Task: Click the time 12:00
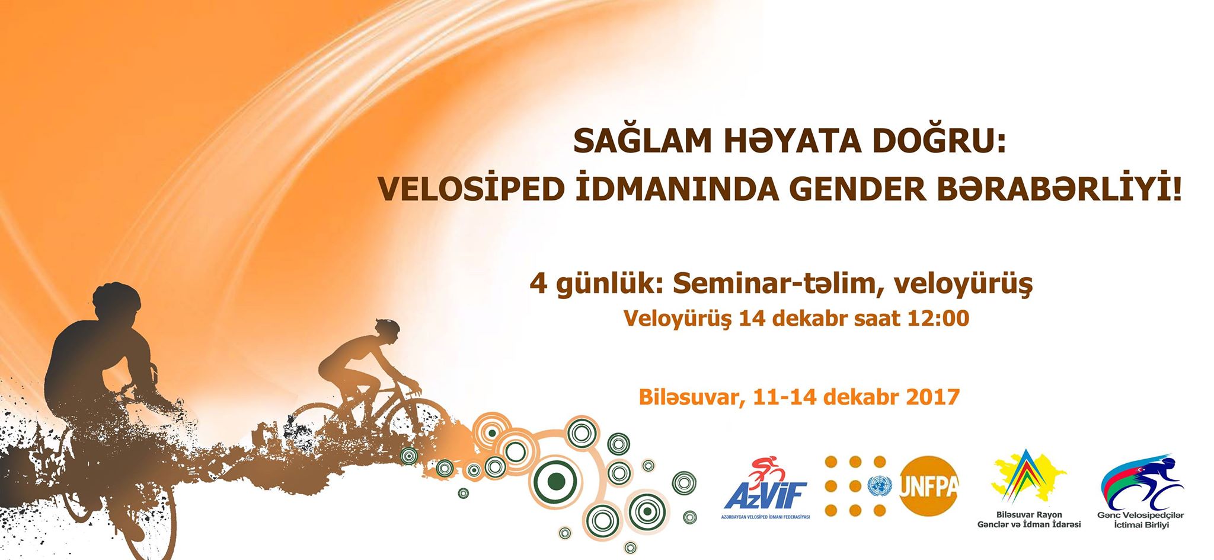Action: click(938, 319)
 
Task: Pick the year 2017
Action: click(932, 396)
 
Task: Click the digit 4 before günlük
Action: click(538, 284)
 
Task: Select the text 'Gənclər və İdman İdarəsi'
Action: click(1029, 524)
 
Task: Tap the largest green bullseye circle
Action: click(555, 481)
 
